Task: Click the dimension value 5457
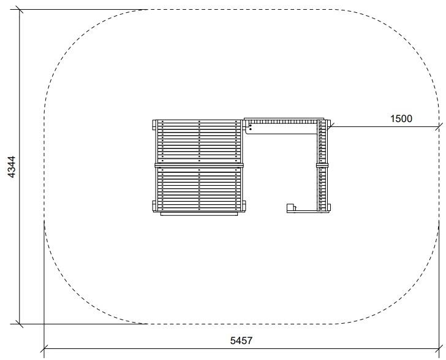pyautogui.click(x=241, y=340)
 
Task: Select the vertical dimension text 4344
pyautogui.click(x=12, y=167)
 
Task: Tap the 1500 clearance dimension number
pyautogui.click(x=401, y=118)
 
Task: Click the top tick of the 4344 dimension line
pyautogui.click(x=20, y=10)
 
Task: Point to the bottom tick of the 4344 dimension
pyautogui.click(x=20, y=324)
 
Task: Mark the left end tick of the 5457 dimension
pyautogui.click(x=44, y=348)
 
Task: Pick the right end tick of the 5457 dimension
pyautogui.click(x=439, y=348)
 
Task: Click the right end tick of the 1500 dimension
pyautogui.click(x=439, y=127)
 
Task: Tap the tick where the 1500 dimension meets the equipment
pyautogui.click(x=330, y=127)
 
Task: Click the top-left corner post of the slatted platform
pyautogui.click(x=154, y=124)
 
